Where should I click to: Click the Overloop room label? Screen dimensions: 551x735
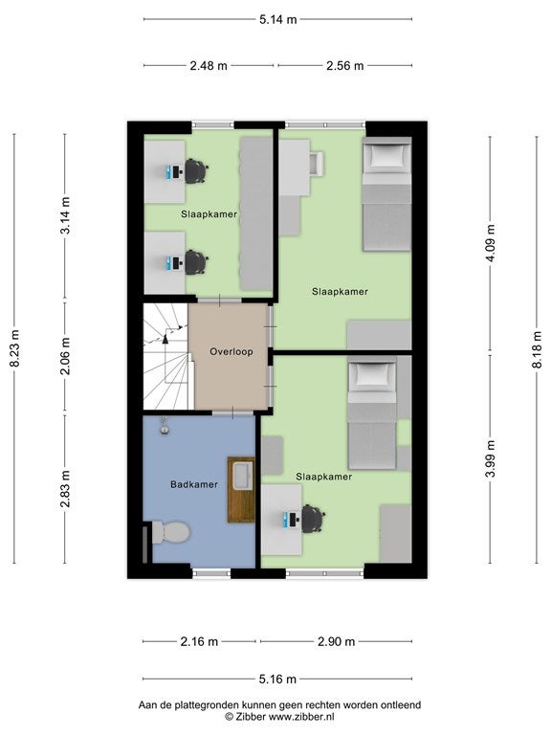pos(231,351)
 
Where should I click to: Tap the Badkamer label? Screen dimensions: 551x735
pos(194,484)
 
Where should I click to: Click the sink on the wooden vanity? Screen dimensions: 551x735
pos(242,476)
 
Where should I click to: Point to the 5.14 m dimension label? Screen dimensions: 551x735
pos(277,20)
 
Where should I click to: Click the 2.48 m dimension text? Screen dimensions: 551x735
pos(209,66)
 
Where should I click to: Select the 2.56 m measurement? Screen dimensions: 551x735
pos(344,66)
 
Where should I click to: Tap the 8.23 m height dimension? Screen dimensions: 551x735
pos(14,348)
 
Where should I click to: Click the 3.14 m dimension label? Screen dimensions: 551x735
pos(65,215)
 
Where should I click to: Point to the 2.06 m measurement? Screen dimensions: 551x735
pos(65,356)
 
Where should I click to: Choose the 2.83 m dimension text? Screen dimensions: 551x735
pos(65,489)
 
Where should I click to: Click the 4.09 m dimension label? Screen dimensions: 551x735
pos(491,244)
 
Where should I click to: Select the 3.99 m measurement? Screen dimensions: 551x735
pos(491,459)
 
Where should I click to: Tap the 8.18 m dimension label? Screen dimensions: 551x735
pos(537,349)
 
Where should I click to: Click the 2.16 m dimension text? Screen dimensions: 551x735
pos(199,642)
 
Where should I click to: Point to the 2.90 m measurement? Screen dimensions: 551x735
pos(337,642)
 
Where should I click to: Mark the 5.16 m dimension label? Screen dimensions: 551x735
pos(277,679)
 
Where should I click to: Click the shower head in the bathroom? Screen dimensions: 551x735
pos(164,427)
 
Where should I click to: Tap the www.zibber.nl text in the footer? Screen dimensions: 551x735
pos(300,717)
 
